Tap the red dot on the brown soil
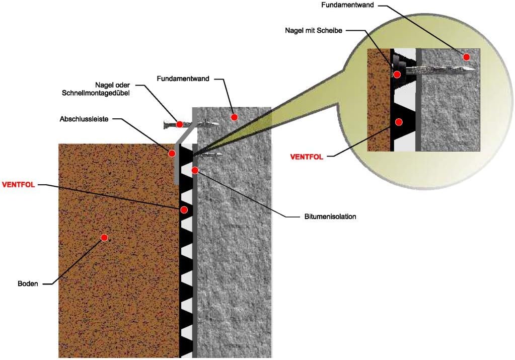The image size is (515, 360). tap(104, 237)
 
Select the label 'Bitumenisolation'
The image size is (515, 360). tap(330, 217)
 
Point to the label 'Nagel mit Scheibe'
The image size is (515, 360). tap(313, 31)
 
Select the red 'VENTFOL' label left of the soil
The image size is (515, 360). tap(19, 184)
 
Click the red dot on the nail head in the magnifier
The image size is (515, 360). tap(397, 75)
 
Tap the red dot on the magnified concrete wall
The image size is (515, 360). tap(467, 57)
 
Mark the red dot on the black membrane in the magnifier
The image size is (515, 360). tap(399, 122)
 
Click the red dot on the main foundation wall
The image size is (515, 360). tap(234, 118)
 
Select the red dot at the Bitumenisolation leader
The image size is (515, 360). tap(195, 170)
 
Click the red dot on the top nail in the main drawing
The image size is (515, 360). tap(180, 124)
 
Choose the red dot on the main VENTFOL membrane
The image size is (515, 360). tap(184, 209)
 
